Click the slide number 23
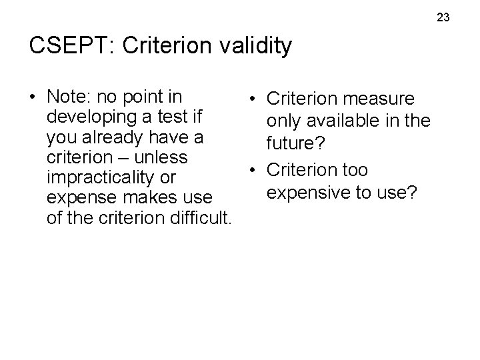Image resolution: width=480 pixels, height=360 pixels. coord(444,17)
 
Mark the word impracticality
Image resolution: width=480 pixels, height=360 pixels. coord(102,178)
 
